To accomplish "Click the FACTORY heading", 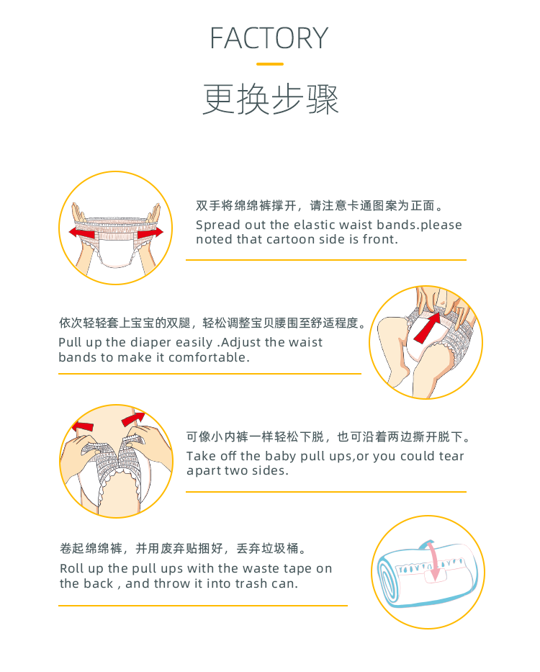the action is (x=269, y=38).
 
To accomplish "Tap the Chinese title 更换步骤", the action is (x=271, y=99).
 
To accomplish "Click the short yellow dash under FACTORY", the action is (x=270, y=64).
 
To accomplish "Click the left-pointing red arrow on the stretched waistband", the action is (x=82, y=233).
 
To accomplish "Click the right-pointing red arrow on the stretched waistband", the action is (x=150, y=232).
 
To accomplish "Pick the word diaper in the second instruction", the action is (x=150, y=343).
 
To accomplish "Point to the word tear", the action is (x=451, y=457).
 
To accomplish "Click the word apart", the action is (x=204, y=472).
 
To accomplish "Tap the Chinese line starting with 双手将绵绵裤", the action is (x=319, y=206).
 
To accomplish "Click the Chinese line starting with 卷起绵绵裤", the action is (x=183, y=548).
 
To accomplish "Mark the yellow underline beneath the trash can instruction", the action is (x=203, y=606).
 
